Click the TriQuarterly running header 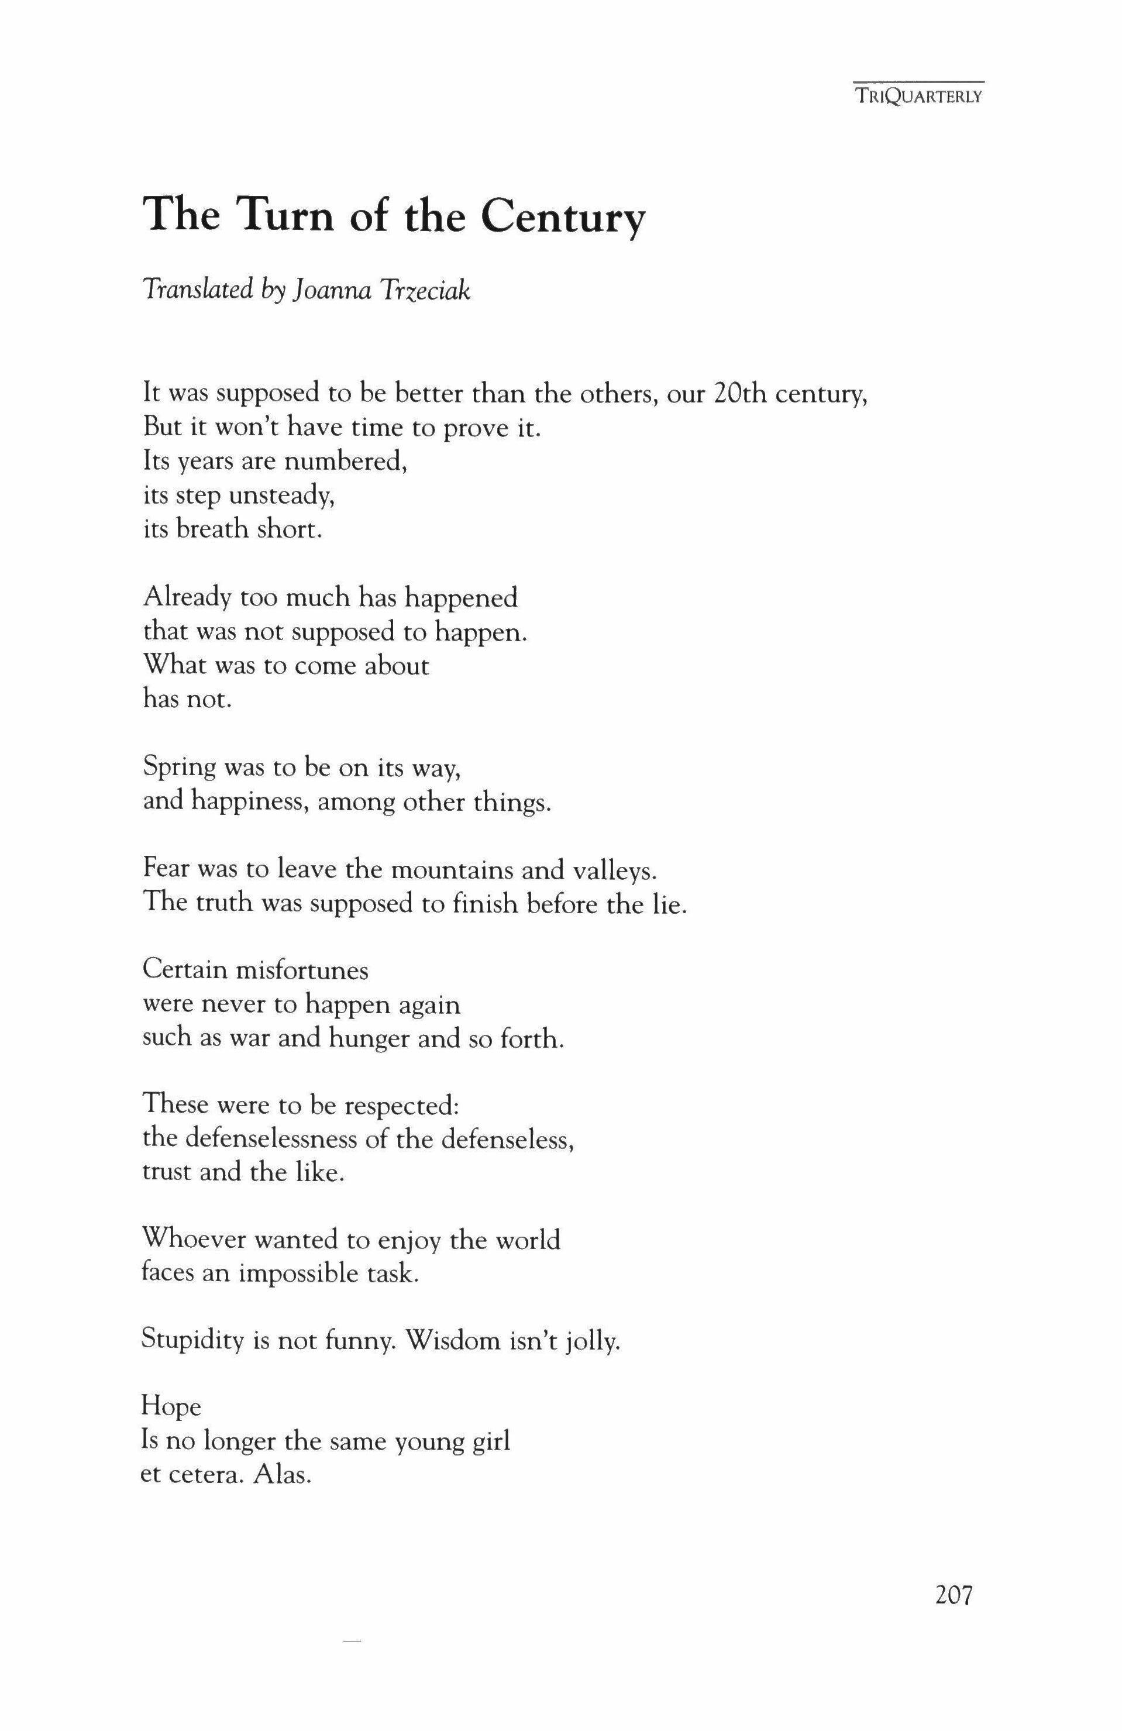(919, 96)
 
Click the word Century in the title (563, 216)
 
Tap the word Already (186, 598)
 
